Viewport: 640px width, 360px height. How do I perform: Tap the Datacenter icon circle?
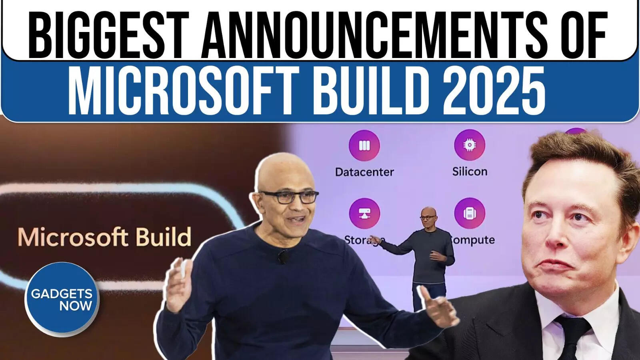pyautogui.click(x=364, y=145)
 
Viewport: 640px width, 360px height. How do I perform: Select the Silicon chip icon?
pyautogui.click(x=469, y=145)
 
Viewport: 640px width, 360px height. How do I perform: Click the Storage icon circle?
pyautogui.click(x=364, y=213)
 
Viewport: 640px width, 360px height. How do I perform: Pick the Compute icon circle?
pyautogui.click(x=469, y=213)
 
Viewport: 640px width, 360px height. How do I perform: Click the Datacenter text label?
pyautogui.click(x=364, y=172)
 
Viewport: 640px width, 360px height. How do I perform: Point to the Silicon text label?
pyautogui.click(x=470, y=172)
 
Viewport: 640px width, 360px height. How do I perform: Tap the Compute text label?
pyautogui.click(x=473, y=240)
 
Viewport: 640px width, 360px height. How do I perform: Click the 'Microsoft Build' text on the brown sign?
pyautogui.click(x=104, y=237)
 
